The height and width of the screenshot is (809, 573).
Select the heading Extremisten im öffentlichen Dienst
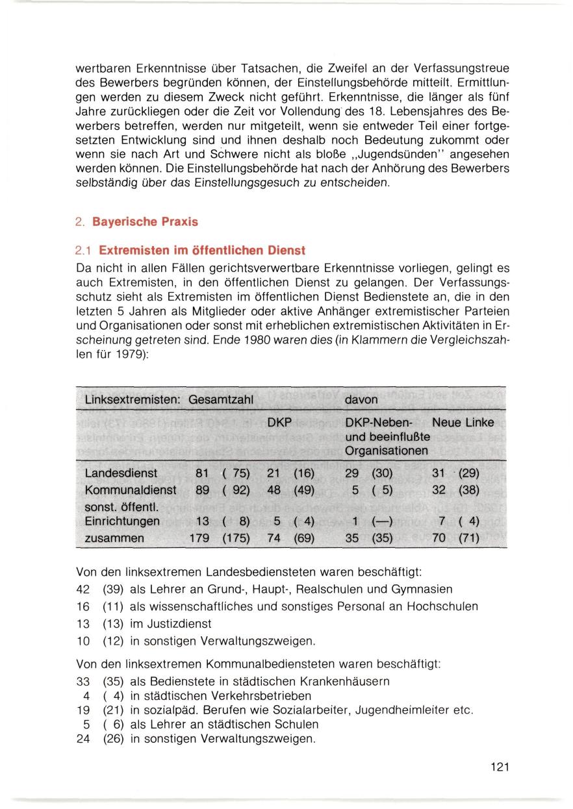(197, 249)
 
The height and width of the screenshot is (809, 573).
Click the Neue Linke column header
(463, 423)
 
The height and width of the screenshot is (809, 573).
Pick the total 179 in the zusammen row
(197, 538)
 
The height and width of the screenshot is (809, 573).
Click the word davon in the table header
(361, 396)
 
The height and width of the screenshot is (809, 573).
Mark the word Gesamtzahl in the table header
(220, 396)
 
